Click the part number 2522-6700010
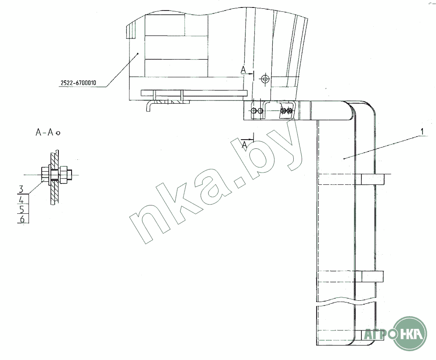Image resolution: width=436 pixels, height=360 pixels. point(79,83)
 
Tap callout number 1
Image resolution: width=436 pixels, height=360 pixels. point(422,131)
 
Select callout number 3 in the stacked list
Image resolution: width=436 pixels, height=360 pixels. point(22,189)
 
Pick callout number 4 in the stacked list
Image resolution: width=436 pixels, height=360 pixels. point(22,199)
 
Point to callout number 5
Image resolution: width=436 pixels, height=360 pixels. point(22,209)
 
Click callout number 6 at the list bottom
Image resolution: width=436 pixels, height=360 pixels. point(22,219)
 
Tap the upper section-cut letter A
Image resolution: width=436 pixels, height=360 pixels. point(243,70)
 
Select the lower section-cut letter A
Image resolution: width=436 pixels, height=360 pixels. point(244,144)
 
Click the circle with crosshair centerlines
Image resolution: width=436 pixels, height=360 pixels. point(265,79)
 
